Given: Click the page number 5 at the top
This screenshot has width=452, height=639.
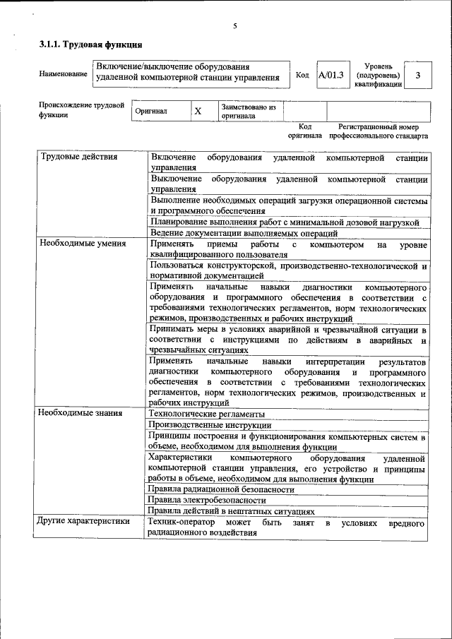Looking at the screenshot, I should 234,26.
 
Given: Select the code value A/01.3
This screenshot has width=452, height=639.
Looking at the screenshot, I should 331,75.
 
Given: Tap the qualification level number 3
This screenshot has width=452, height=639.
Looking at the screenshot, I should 418,75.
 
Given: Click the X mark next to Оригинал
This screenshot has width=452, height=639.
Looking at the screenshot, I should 198,112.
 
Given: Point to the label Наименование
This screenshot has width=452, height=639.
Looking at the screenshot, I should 59,75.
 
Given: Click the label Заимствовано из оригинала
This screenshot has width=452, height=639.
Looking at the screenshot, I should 248,111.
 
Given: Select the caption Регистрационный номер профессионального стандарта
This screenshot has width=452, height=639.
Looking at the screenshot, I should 378,131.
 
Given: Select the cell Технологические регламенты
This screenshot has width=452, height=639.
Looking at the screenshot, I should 207,414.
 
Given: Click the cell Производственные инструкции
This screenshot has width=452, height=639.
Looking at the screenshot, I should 210,425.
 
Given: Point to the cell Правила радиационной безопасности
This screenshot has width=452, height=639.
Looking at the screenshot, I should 221,489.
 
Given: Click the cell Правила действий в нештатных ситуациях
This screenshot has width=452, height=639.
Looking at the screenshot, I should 232,511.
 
